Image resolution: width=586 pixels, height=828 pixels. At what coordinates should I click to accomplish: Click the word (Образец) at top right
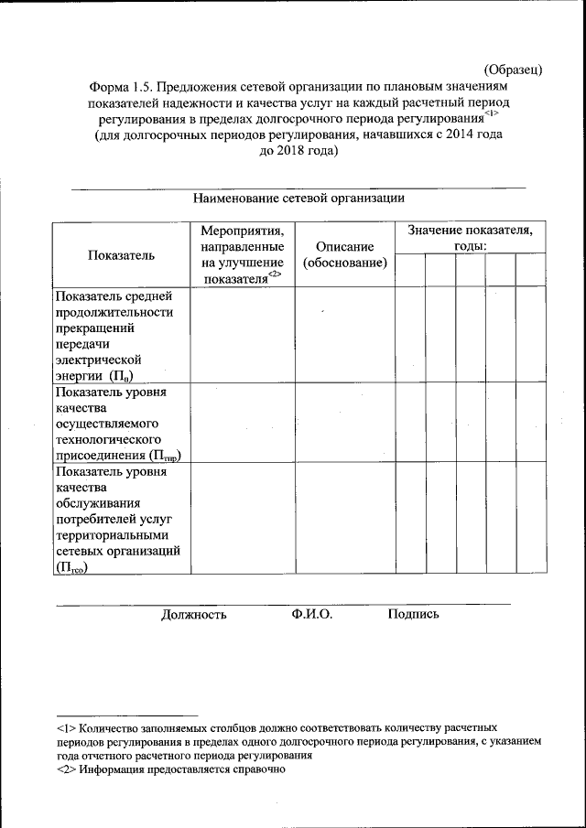pos(514,69)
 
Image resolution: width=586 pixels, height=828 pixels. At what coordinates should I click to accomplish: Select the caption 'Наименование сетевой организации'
pos(298,198)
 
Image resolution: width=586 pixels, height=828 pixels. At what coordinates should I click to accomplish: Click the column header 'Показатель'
pos(121,255)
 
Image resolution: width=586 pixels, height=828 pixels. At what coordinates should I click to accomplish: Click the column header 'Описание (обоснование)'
pos(344,255)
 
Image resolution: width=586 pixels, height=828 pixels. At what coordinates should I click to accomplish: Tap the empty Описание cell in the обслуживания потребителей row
pos(344,519)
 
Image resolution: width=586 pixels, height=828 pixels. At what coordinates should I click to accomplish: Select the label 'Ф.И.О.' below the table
pos(312,614)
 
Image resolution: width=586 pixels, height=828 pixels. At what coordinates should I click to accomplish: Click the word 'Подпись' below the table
pos(413,614)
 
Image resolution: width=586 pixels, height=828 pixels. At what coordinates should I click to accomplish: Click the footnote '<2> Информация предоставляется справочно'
pos(172,770)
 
